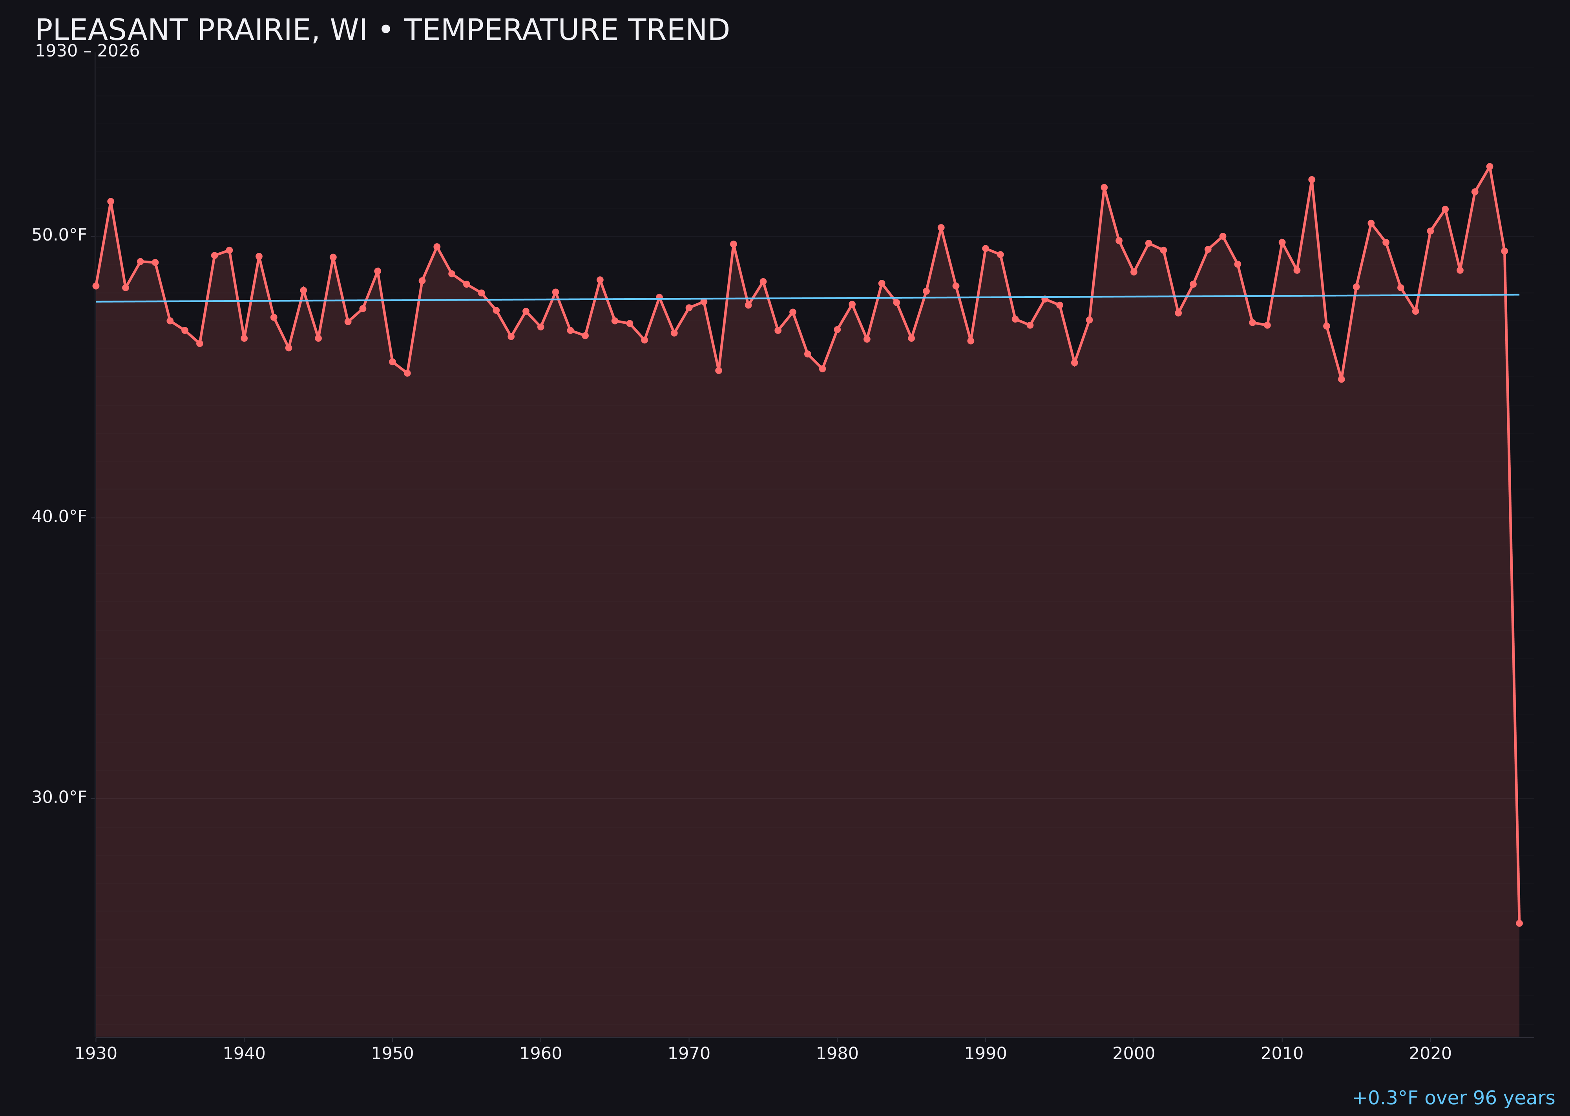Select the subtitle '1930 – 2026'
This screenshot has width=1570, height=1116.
[x=87, y=51]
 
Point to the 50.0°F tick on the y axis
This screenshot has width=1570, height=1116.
[x=59, y=235]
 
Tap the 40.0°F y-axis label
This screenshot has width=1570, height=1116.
[x=59, y=516]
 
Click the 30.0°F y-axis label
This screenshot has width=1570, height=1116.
[x=59, y=797]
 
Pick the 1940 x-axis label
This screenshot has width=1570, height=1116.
[x=244, y=1054]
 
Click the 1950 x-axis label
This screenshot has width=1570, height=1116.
[x=392, y=1054]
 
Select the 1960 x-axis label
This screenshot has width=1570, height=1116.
[x=540, y=1054]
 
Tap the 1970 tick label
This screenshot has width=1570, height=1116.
[x=689, y=1054]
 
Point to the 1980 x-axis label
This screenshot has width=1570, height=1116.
[x=837, y=1054]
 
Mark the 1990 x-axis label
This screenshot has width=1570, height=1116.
[x=985, y=1054]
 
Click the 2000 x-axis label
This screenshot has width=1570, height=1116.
[x=1134, y=1054]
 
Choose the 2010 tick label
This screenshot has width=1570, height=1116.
[x=1282, y=1054]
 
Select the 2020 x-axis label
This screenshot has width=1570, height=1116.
[x=1430, y=1054]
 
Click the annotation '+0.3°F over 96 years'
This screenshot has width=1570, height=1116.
[x=1453, y=1098]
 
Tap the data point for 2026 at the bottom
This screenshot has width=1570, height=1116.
[x=1519, y=923]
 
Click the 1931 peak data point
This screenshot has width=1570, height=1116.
[x=111, y=201]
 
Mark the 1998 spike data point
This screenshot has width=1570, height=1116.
[x=1104, y=188]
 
